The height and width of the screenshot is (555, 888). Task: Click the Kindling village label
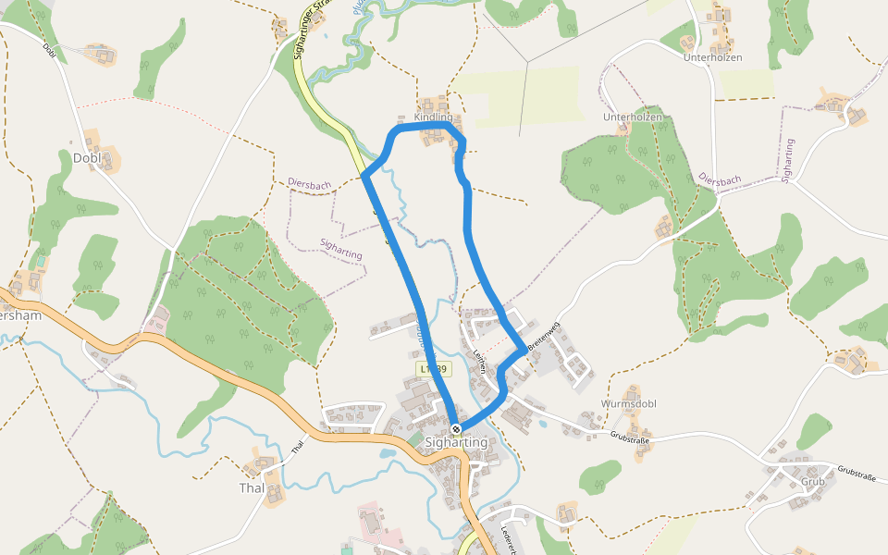point(434,117)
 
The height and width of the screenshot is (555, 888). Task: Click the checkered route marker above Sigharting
point(457,428)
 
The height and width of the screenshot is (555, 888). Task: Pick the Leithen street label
point(480,359)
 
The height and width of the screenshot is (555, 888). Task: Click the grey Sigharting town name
point(456,443)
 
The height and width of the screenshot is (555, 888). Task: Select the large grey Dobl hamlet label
point(86,158)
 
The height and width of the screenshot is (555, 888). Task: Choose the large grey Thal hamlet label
point(252,487)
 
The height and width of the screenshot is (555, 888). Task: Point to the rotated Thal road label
point(298,446)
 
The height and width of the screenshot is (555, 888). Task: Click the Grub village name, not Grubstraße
point(813,482)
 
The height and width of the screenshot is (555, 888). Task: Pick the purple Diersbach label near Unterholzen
point(720,178)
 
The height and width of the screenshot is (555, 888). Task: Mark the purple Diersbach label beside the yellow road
point(309,185)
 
